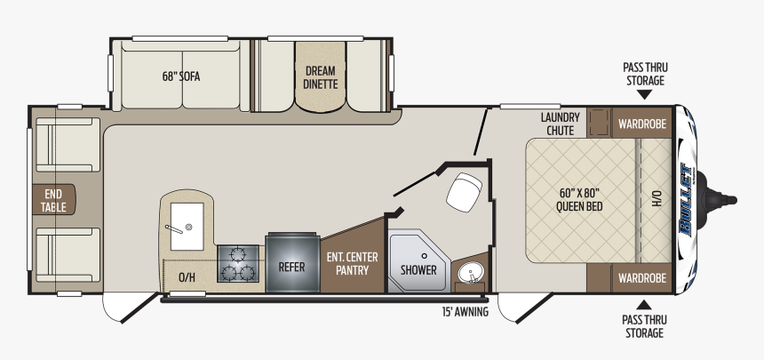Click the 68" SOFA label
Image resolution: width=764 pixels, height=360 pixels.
pos(180,76)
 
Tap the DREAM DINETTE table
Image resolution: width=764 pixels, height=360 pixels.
pos(321,77)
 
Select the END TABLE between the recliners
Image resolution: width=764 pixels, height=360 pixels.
pos(53,199)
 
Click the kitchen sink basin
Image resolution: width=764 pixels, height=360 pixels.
pos(187,227)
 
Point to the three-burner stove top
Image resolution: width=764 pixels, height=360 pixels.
pos(238,263)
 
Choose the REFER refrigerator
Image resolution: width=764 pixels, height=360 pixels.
pos(292,262)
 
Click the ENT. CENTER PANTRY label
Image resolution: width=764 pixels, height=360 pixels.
pos(352,263)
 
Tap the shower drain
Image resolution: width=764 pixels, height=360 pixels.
pos(425,256)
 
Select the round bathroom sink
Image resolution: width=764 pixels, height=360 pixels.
pos(470,272)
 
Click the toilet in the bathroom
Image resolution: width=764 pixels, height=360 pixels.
pos(464,192)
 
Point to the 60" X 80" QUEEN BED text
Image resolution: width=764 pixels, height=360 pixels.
pos(579,199)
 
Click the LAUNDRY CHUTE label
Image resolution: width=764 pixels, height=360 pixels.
pos(560,124)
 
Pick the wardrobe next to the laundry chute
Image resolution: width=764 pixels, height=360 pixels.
pos(642,124)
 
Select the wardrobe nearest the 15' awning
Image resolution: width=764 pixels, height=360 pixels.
pos(642,278)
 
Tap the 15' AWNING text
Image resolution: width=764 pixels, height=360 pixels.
pos(465,312)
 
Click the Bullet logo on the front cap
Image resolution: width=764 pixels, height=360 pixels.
pos(687,200)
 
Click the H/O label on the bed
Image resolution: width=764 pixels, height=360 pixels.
pos(657,198)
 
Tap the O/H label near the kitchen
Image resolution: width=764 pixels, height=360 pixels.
pos(187,277)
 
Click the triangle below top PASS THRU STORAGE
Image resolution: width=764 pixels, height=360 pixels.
pos(644,94)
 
